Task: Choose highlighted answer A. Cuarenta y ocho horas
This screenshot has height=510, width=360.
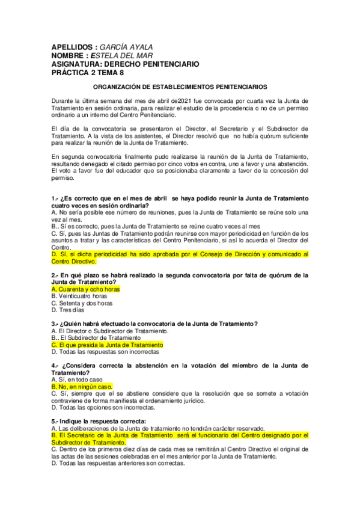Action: (86, 289)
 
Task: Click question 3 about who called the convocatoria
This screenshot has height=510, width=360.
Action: (154, 324)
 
